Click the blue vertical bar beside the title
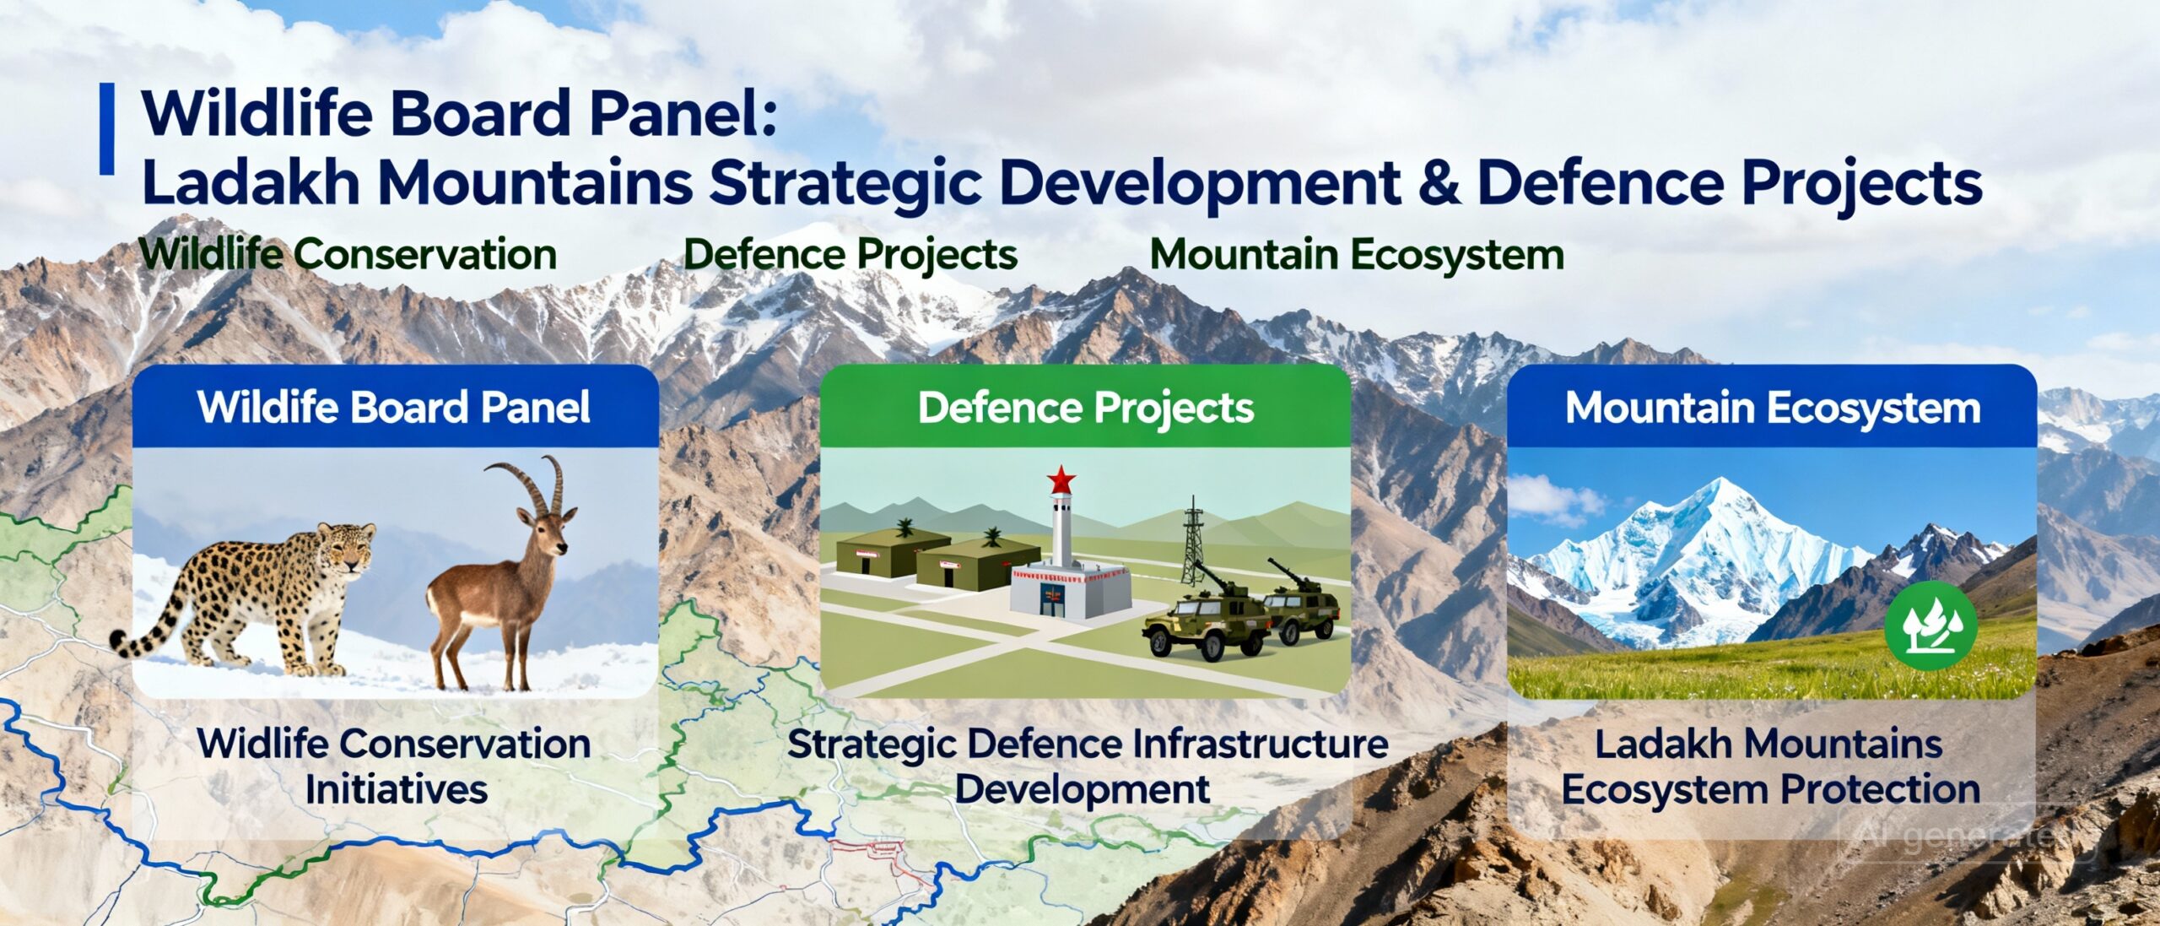click(x=106, y=129)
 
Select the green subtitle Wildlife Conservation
click(x=348, y=254)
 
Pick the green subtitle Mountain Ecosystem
click(x=1357, y=254)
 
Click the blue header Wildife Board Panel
click(x=394, y=407)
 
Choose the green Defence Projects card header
click(x=1085, y=407)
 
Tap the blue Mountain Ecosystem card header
click(x=1773, y=407)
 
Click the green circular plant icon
click(x=1930, y=625)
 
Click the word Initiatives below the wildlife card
click(x=397, y=790)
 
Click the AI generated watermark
click(x=1966, y=836)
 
